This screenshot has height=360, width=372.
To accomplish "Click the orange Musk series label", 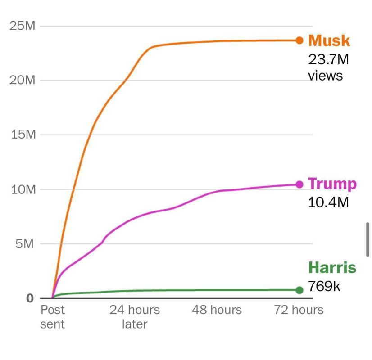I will (329, 41).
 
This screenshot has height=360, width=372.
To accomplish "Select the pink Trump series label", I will (332, 184).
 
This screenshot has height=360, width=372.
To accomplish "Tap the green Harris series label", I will (332, 268).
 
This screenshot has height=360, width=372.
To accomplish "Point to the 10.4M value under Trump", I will (328, 202).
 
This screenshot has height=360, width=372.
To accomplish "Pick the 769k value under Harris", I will (324, 286).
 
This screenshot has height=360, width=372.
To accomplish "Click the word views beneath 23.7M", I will (325, 76).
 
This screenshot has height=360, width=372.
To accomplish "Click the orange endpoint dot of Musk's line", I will (299, 40).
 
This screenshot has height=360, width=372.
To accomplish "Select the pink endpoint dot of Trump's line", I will (299, 184).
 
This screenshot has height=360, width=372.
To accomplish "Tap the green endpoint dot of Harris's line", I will (299, 290).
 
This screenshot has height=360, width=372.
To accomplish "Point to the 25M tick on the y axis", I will (22, 26).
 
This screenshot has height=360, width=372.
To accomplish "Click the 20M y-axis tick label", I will (22, 81).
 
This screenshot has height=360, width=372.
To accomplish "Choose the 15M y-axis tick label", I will (22, 135).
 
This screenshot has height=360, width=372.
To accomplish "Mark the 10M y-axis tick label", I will (22, 189).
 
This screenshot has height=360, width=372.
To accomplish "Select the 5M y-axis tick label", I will (25, 244).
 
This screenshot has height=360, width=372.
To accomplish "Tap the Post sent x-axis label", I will (53, 317).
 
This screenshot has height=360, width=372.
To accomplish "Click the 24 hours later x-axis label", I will (135, 317).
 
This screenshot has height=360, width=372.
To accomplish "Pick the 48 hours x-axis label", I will (217, 310).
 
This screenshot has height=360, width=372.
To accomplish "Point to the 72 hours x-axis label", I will (299, 310).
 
